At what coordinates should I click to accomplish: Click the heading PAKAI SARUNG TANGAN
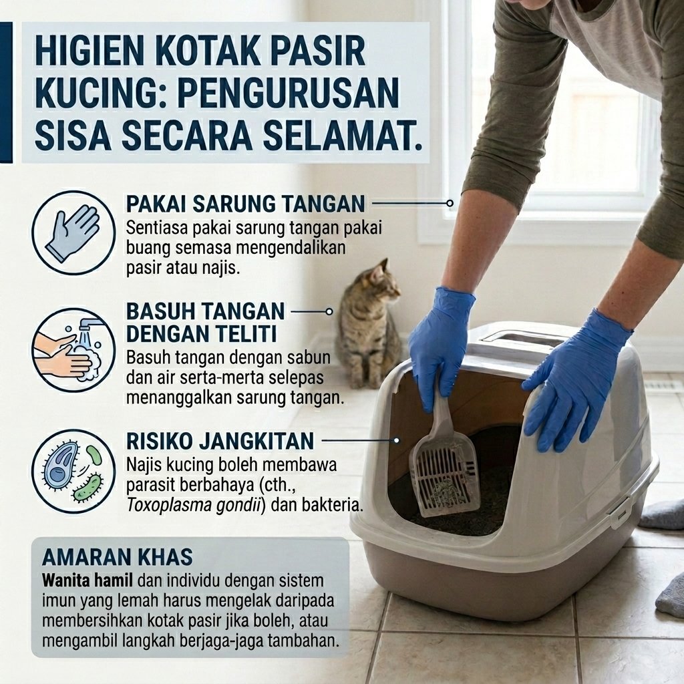pos(246,204)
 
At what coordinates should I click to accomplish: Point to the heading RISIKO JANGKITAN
pos(220,441)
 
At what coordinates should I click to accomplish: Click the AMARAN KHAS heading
pos(118,556)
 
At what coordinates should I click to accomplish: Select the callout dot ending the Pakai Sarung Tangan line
pos(450,203)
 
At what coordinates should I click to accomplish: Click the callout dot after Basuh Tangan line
pos(329,311)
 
